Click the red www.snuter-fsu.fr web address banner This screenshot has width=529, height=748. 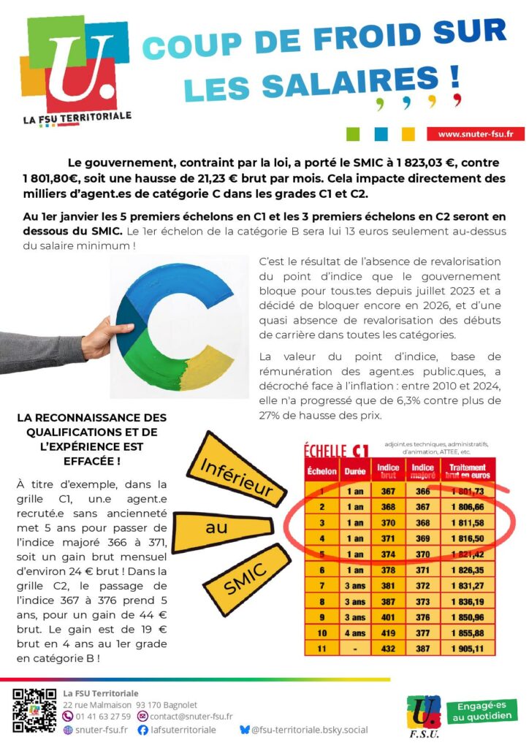(x=476, y=134)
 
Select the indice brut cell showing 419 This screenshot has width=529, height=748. (x=387, y=632)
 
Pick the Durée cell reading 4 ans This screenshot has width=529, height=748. (x=354, y=632)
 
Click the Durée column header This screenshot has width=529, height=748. (x=354, y=471)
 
